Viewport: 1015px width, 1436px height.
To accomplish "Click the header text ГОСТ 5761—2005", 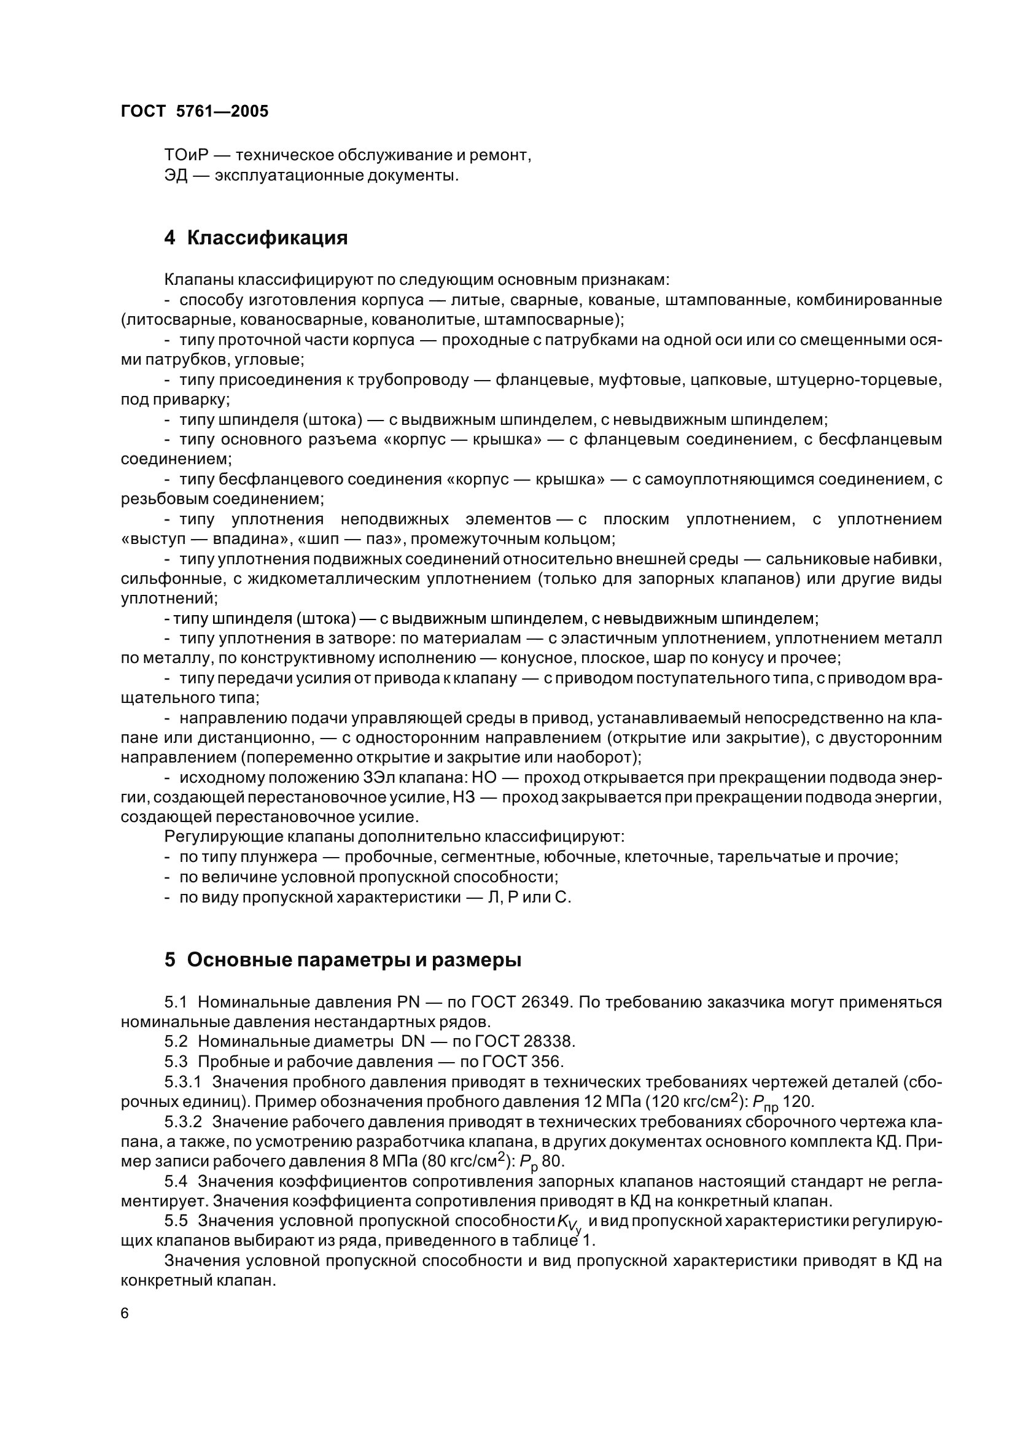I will (195, 111).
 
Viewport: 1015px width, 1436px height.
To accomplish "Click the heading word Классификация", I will (267, 238).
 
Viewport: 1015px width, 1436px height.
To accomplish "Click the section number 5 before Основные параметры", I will (170, 960).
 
